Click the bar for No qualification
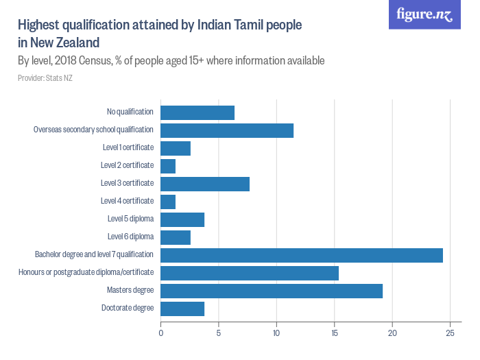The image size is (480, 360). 197,112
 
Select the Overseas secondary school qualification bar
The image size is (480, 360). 227,130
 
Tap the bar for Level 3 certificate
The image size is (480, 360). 205,184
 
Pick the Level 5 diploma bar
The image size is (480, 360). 182,219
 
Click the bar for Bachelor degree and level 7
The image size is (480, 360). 302,255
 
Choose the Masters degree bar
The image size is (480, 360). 272,291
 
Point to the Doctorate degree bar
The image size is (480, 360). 182,309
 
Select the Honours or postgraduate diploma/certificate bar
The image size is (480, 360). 250,273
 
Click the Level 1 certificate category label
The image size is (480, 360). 127,147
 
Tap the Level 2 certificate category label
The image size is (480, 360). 127,165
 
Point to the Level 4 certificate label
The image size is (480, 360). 127,201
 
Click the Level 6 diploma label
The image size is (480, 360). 130,237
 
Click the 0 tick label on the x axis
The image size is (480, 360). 160,334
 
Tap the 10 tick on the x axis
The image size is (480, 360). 276,334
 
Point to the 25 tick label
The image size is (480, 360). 450,334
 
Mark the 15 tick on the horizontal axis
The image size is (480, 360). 334,334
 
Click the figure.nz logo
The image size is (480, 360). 425,15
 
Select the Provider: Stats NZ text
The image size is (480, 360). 45,77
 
